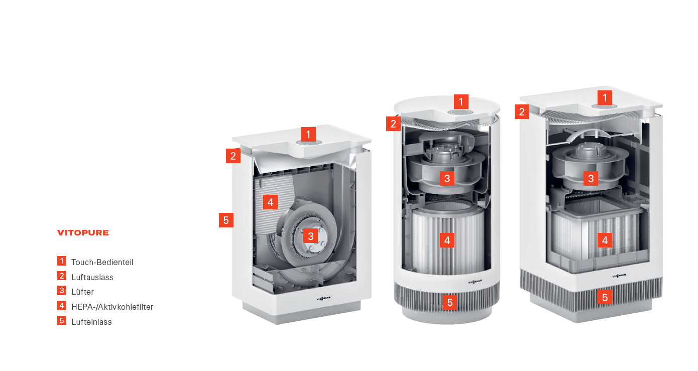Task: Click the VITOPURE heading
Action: pos(83,233)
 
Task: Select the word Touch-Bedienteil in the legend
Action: pos(102,262)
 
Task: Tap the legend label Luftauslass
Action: pos(92,277)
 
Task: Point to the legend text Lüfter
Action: pos(82,292)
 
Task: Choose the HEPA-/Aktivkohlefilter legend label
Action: pos(112,307)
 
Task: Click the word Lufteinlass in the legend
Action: pos(91,322)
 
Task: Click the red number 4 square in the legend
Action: pos(62,306)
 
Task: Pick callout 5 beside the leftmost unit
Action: pos(226,220)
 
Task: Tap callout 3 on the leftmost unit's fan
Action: pos(311,236)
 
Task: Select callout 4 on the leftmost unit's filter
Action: pos(271,202)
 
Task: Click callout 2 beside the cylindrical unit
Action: pos(393,123)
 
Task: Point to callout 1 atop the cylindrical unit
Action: pos(461,101)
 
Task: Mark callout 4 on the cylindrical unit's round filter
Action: pos(447,240)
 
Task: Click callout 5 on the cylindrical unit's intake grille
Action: pos(450,302)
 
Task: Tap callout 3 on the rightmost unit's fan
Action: pos(591,179)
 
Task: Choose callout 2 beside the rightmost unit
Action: pos(522,111)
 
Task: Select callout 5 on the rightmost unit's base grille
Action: pos(605,297)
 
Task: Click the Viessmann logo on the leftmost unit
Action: pos(324,298)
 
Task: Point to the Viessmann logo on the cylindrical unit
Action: pos(475,282)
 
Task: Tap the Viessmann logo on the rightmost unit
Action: pos(619,276)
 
